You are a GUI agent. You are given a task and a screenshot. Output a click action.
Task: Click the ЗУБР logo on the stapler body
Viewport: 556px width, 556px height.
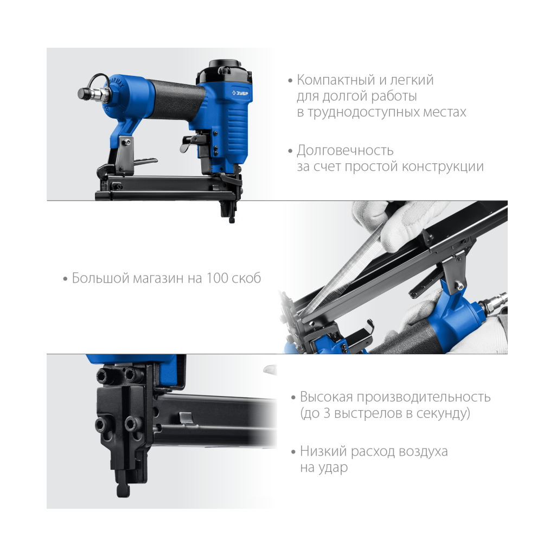click(240, 93)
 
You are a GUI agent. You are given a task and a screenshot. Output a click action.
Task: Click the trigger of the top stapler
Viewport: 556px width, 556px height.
click(190, 144)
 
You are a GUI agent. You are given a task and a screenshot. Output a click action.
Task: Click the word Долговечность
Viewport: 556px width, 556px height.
click(345, 150)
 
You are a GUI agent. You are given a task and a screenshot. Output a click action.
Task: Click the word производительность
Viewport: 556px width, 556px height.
click(424, 397)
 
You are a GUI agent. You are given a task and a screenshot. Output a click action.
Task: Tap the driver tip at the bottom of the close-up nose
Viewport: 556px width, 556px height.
click(123, 490)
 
